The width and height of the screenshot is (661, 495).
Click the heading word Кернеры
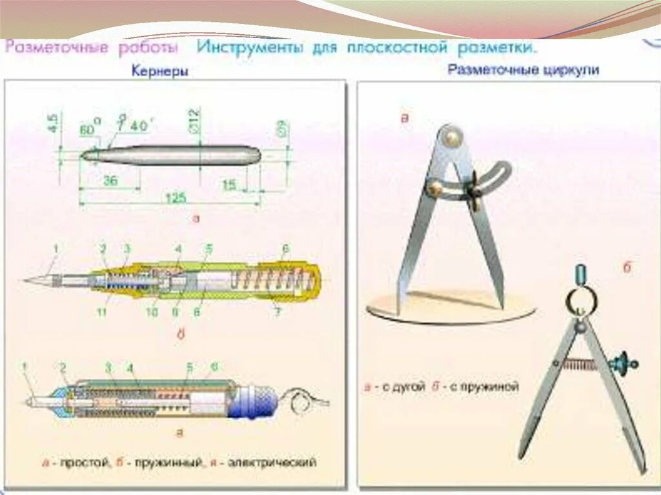point(160,72)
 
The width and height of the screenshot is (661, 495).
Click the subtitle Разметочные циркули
point(524,70)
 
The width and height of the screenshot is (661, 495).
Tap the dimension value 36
point(110,181)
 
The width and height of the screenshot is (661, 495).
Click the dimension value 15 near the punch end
point(229,185)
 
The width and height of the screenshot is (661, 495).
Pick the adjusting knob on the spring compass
point(623,362)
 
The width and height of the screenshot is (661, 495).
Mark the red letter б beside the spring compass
point(626,268)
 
